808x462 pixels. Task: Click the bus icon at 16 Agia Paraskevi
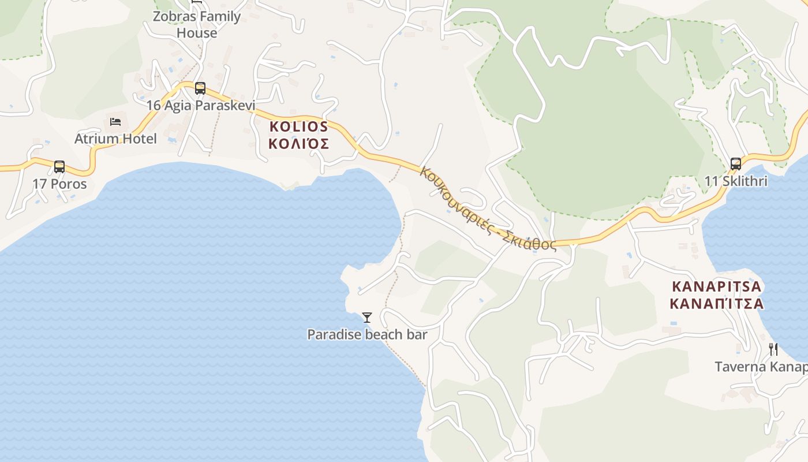[x=200, y=88]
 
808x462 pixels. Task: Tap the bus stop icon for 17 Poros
[x=59, y=167]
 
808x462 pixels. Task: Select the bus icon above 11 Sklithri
[x=735, y=164]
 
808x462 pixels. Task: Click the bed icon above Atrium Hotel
[x=115, y=122]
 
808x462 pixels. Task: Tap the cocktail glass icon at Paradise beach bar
[x=367, y=317]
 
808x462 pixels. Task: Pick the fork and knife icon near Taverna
[x=773, y=349]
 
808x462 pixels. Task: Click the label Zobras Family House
[x=197, y=24]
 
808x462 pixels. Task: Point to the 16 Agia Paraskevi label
[x=200, y=106]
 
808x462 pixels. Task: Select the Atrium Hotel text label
[x=115, y=139]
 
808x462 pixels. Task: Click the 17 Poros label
[x=59, y=184]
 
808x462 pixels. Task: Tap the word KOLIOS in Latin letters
[x=299, y=126]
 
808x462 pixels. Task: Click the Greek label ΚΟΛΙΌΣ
[x=299, y=144]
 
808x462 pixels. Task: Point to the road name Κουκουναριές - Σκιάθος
[x=488, y=208]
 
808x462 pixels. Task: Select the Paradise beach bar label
[x=367, y=334]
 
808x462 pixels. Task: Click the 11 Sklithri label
[x=736, y=181]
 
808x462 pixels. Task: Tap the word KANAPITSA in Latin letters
[x=717, y=286]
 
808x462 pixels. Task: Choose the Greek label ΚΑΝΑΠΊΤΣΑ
[x=717, y=304]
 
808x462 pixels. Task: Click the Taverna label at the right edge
[x=761, y=367]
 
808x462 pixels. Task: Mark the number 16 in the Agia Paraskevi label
[x=154, y=106]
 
